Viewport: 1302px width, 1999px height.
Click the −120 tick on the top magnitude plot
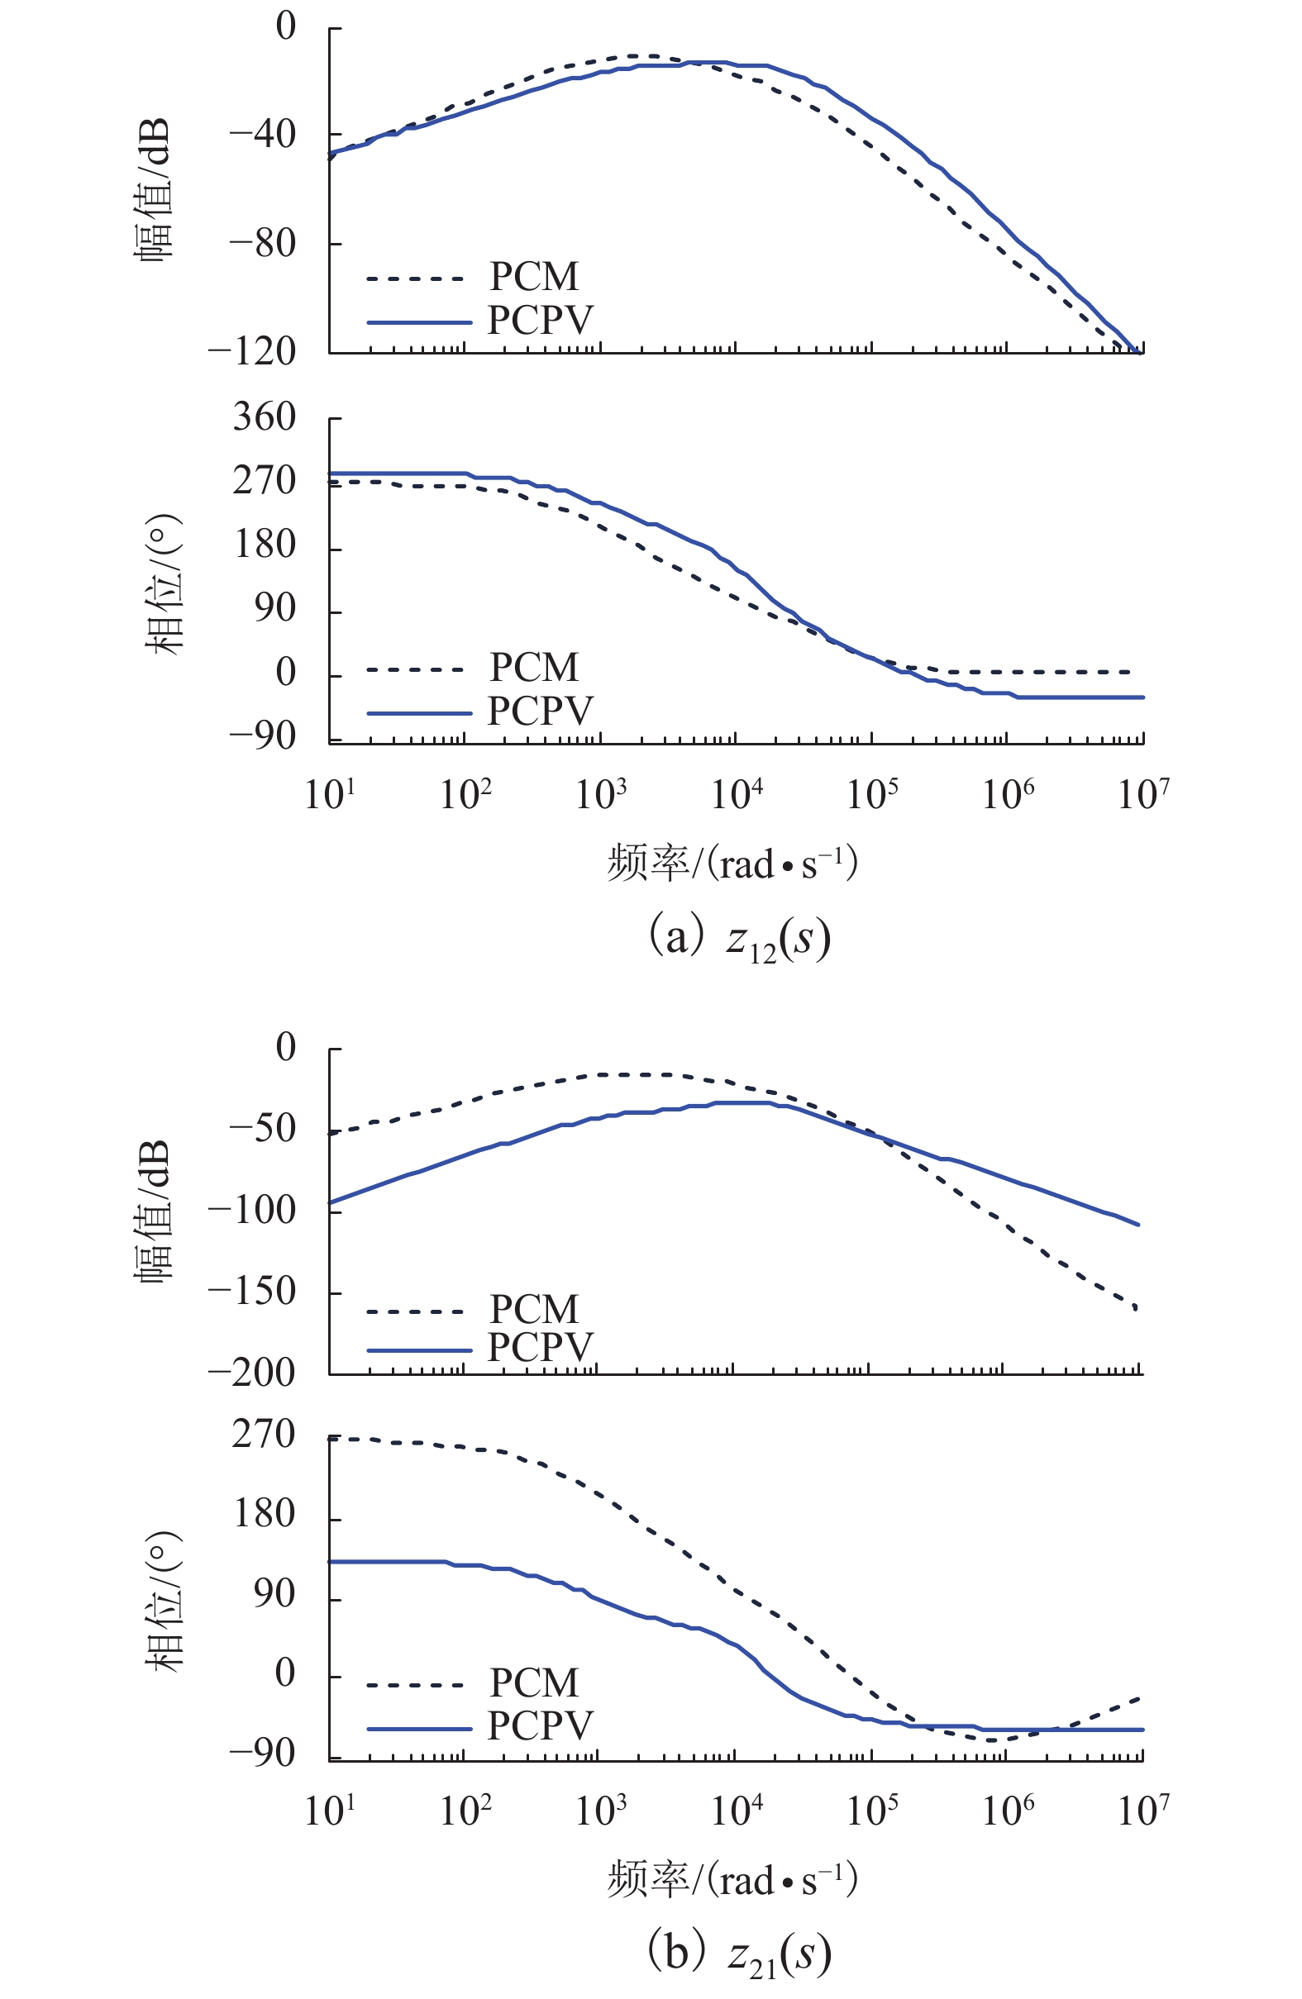253,352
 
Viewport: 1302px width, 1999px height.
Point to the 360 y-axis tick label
265,417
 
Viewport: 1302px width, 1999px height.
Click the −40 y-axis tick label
263,134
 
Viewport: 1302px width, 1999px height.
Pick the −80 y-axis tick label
263,244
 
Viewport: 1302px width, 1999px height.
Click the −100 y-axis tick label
253,1211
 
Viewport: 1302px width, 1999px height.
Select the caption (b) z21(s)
739,1955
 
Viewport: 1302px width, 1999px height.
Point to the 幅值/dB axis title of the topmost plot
154,189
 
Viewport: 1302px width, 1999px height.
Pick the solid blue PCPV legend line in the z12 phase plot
419,713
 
